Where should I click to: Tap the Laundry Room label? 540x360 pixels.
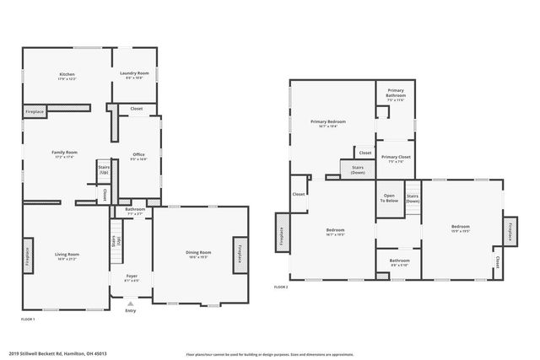click(x=135, y=74)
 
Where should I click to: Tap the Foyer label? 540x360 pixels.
click(x=132, y=277)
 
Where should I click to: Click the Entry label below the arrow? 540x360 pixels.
click(x=130, y=311)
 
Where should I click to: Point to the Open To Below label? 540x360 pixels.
click(x=389, y=199)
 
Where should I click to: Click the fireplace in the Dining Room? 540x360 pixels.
click(x=239, y=254)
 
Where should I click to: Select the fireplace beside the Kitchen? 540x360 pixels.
click(x=35, y=111)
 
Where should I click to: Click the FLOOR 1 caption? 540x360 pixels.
click(x=28, y=320)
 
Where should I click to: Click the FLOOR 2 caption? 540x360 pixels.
click(x=281, y=287)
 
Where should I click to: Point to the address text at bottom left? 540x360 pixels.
click(x=59, y=353)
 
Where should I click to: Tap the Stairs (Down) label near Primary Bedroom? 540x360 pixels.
click(x=358, y=169)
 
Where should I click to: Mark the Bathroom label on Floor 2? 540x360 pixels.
click(x=398, y=261)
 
